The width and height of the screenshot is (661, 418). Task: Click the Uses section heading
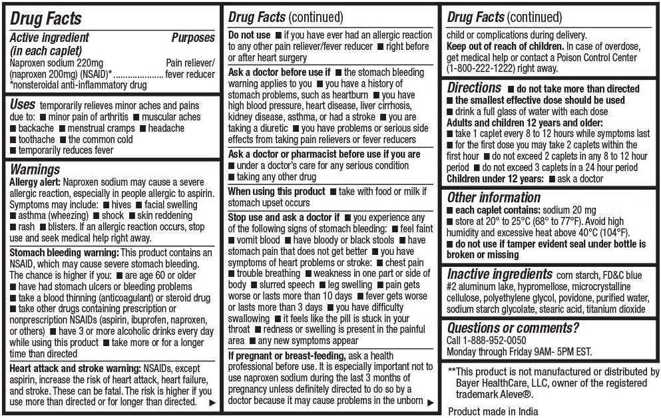coord(23,105)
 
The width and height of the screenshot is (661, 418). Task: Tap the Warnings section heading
coord(35,169)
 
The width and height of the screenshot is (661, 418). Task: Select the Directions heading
coord(474,88)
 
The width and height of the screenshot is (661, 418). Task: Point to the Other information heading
coord(494,197)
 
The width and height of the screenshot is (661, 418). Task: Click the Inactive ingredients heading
coord(500,274)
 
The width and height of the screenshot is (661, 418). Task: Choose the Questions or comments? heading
coord(513,327)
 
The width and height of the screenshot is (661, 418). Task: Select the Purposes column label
coord(192,37)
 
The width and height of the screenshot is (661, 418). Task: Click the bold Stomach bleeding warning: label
coord(64,252)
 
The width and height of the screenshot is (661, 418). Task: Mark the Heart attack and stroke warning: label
coord(75,368)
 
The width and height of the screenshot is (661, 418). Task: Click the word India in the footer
coord(525,411)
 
